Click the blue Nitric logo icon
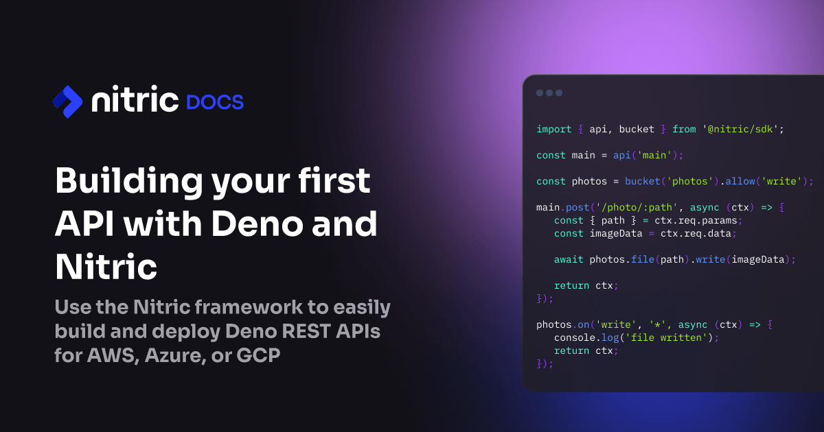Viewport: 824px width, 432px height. coord(68,101)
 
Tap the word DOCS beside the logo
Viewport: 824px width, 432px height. coord(215,103)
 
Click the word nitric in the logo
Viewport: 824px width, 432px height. coord(135,101)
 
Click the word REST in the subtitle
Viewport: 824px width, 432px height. coord(293,333)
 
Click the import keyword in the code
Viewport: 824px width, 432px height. coord(553,129)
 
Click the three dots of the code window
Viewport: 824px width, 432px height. coord(549,93)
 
